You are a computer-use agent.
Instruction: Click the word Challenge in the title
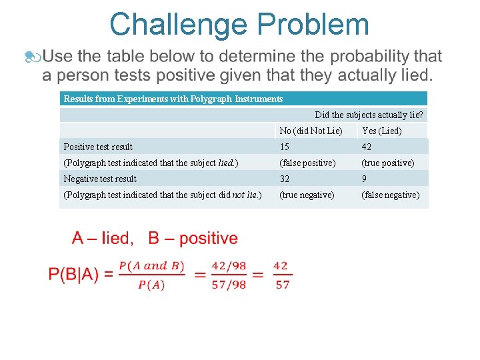pos(178,25)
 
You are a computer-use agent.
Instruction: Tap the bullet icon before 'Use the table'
pos(31,57)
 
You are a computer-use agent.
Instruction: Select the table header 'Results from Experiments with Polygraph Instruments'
pos(173,99)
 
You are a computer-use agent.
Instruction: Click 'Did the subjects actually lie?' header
pos(369,115)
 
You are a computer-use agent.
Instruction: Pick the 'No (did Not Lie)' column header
pos(311,131)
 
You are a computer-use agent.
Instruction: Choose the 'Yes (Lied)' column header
pos(381,131)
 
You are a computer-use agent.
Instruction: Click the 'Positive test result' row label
pos(98,147)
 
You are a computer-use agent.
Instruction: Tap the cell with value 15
pos(285,147)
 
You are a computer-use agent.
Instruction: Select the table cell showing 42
pos(367,147)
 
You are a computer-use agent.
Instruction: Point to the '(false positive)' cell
pos(307,163)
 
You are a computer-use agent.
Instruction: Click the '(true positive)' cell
pos(387,163)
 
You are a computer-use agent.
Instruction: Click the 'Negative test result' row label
pos(100,179)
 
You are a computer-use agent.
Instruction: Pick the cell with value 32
pos(285,179)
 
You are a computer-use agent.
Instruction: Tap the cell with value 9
pos(364,179)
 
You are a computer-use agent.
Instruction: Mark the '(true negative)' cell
pos(307,195)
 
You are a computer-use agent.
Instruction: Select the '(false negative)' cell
pos(390,195)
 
